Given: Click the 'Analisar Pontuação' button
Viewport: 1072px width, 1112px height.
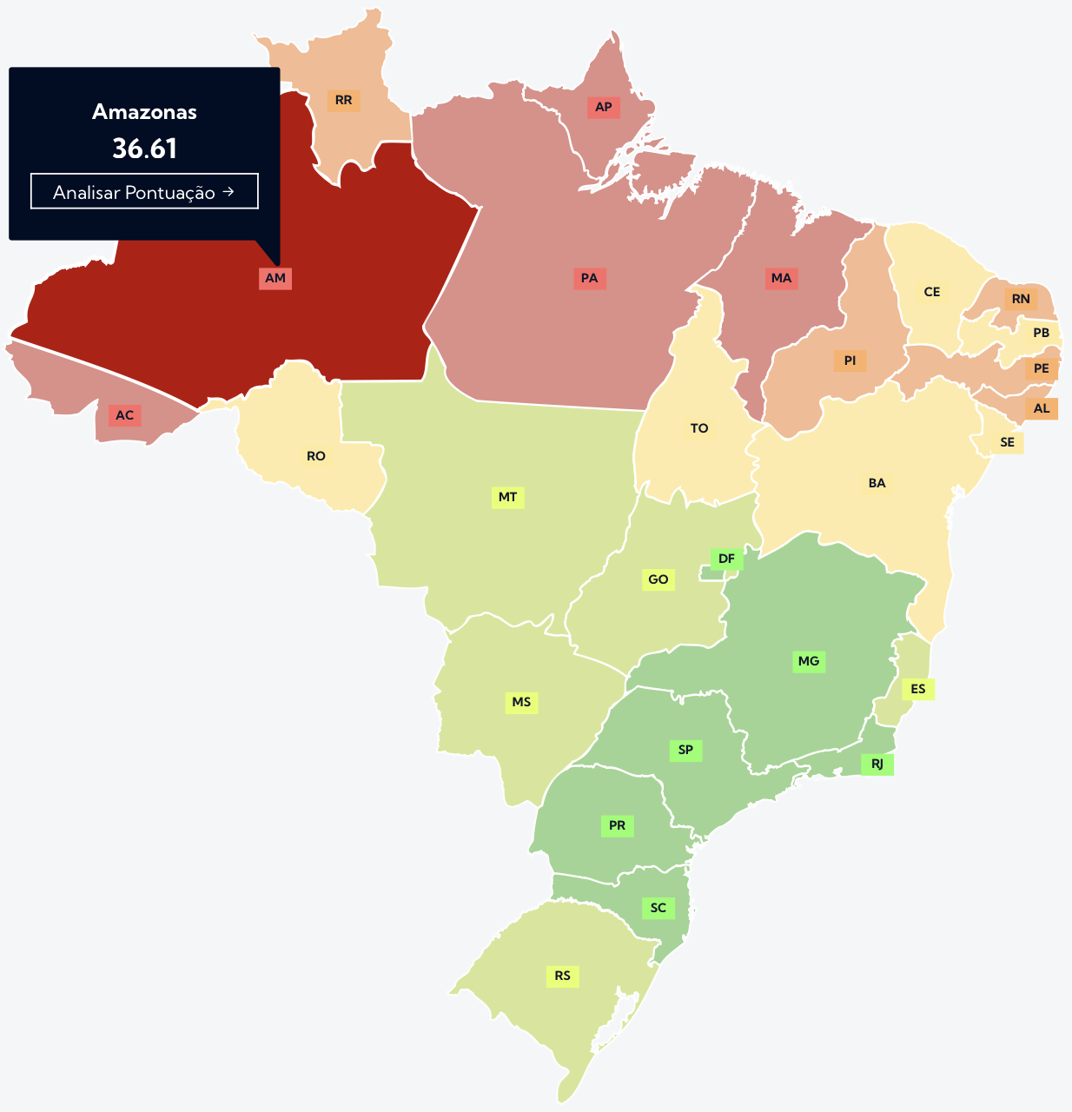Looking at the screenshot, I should click(x=144, y=192).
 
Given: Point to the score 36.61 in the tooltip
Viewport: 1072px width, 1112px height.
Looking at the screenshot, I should click(x=144, y=149).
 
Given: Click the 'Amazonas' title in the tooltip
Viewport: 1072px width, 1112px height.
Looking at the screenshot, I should click(x=144, y=112).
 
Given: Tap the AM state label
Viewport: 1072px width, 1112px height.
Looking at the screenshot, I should click(x=275, y=279).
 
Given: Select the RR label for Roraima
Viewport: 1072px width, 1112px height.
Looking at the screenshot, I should click(x=344, y=101).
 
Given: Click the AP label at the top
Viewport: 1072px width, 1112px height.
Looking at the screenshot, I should click(x=604, y=108).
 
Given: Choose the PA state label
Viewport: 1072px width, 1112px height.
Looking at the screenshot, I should click(x=590, y=279).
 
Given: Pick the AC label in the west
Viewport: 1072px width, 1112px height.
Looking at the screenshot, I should click(x=125, y=415).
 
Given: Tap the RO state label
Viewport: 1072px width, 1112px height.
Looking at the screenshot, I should click(x=316, y=456).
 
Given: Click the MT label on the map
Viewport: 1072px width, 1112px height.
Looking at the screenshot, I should click(x=508, y=498).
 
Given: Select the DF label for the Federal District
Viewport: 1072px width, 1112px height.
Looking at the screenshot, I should click(x=727, y=559).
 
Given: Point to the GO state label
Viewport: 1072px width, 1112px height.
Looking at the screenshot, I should click(x=658, y=579).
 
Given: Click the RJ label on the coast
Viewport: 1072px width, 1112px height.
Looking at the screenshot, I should click(x=877, y=764).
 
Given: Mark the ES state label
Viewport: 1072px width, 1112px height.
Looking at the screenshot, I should click(x=918, y=690).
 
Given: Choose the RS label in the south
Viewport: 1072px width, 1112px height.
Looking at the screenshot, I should click(x=563, y=976).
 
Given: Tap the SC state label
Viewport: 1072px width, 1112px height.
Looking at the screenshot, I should click(x=658, y=909).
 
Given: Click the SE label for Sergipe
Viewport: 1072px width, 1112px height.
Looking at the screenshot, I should click(x=1008, y=443).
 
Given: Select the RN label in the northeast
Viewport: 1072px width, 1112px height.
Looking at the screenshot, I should click(x=1021, y=300).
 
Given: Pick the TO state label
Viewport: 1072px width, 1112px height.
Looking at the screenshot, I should click(x=699, y=428).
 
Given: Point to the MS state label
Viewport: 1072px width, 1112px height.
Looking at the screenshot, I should click(x=521, y=703).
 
